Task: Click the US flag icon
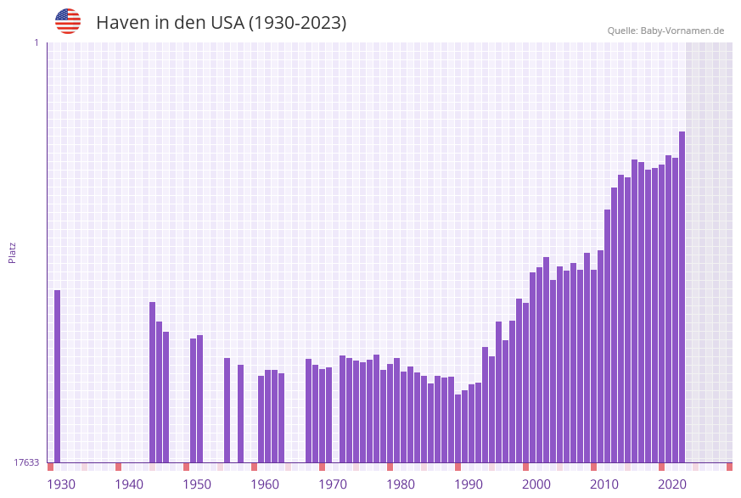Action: [68, 21]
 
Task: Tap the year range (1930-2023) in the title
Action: [297, 23]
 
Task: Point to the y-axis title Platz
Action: [13, 252]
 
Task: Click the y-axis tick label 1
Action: [36, 42]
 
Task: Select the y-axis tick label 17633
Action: [26, 462]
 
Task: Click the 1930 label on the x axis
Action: [61, 484]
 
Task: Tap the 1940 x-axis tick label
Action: [129, 484]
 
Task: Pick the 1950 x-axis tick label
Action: [197, 484]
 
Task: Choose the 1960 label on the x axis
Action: [265, 484]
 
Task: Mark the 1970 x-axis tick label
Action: [333, 484]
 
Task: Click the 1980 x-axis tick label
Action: [401, 484]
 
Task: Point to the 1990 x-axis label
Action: [469, 484]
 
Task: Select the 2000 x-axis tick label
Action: [536, 484]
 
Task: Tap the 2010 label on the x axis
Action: [604, 484]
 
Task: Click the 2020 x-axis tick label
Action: [672, 484]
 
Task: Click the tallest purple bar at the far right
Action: [682, 297]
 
